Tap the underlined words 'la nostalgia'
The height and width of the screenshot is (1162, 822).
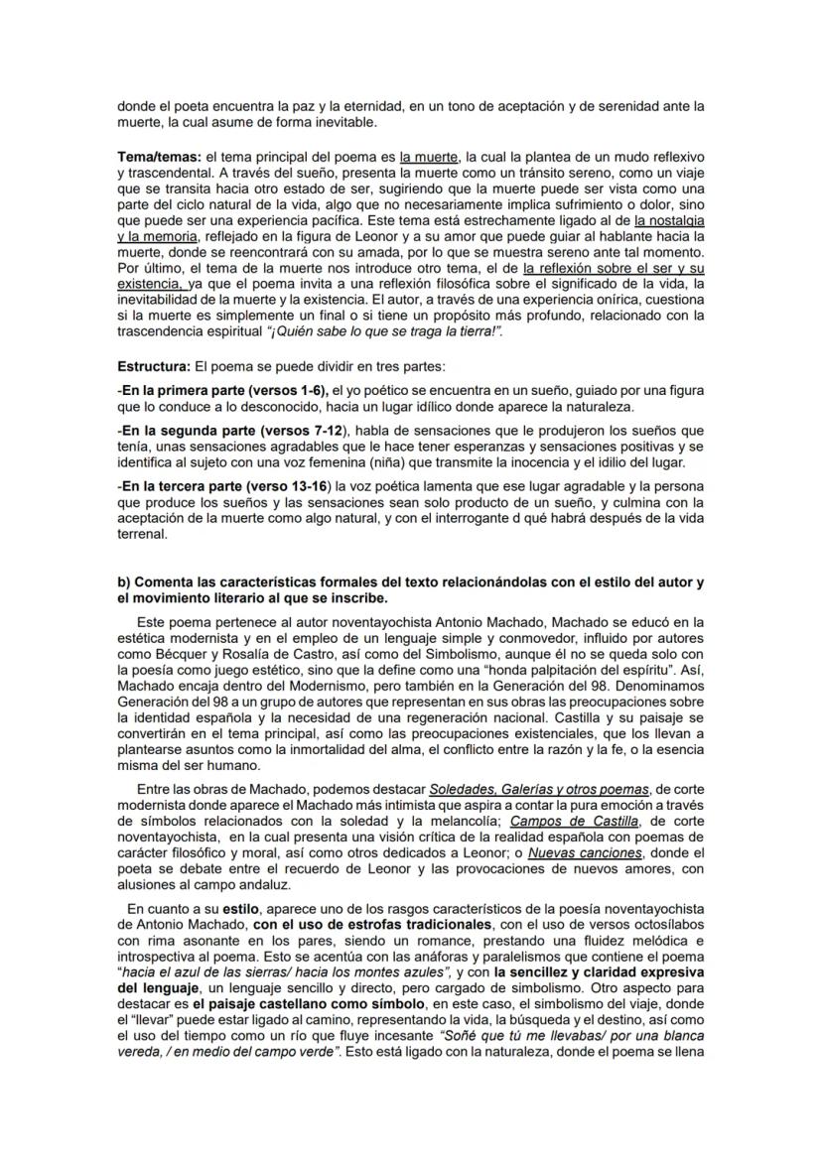click(670, 221)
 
